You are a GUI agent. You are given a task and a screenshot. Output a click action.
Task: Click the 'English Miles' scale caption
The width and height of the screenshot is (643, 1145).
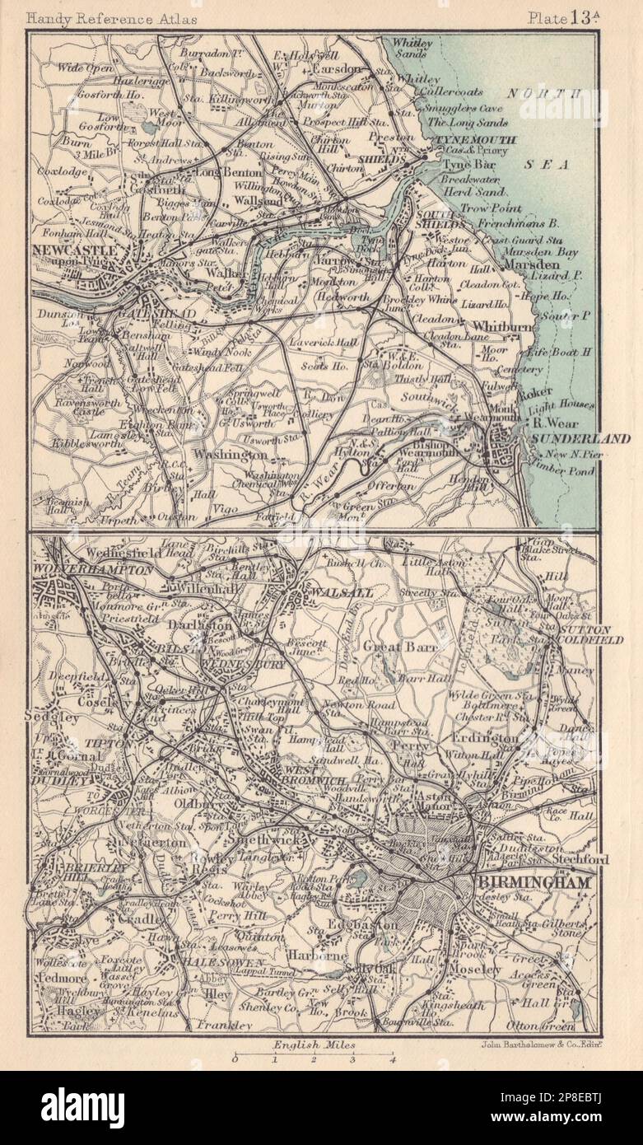tap(313, 1044)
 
